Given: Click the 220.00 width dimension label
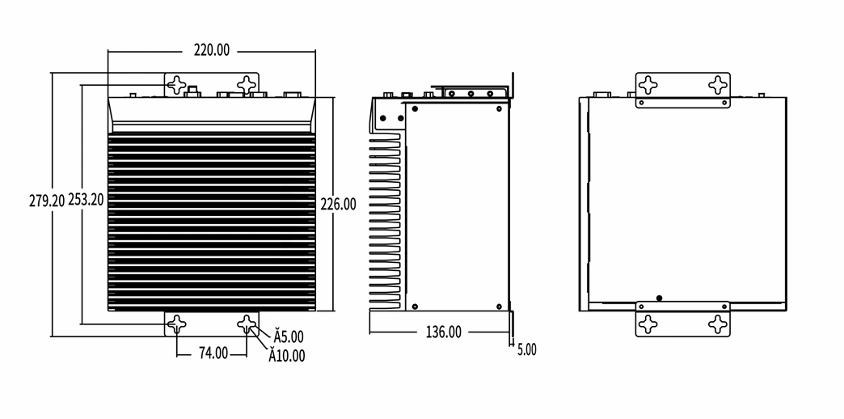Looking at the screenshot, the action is [212, 50].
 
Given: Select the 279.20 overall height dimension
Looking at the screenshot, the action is [47, 201].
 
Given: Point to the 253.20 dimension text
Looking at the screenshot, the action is [86, 200].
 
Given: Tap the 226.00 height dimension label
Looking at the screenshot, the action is [338, 205].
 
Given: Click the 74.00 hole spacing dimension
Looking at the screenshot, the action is [213, 353].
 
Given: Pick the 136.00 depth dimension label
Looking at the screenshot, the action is [444, 332].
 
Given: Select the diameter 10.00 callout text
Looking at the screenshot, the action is [287, 356].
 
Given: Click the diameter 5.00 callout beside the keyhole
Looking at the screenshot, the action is [289, 337].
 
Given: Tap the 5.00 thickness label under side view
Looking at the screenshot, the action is [527, 350].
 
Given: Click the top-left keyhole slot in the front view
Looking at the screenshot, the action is [176, 85].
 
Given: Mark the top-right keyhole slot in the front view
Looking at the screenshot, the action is [247, 85].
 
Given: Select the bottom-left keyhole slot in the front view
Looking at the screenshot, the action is [176, 324].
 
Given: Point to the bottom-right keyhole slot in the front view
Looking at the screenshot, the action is [247, 324].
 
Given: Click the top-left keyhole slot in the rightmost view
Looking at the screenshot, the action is [648, 85].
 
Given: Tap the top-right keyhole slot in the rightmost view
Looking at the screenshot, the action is [718, 85].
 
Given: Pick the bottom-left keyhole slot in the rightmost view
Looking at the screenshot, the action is [648, 324].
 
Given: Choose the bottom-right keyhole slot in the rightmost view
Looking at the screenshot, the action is [718, 324].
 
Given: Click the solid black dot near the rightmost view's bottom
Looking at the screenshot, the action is [660, 298].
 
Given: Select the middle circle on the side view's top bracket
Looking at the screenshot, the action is [471, 94].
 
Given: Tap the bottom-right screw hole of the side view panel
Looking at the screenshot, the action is [499, 307].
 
